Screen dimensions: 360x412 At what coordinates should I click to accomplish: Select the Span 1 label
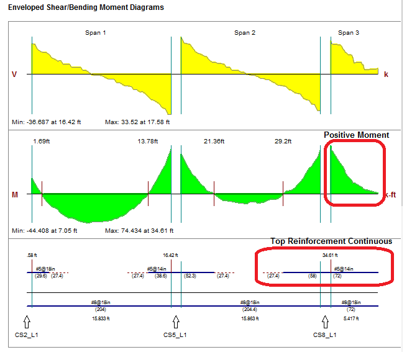click(x=95, y=32)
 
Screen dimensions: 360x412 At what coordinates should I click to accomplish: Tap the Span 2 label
click(x=245, y=32)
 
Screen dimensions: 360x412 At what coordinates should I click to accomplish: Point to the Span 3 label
click(x=349, y=32)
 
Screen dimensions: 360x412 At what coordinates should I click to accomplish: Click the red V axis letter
click(x=14, y=74)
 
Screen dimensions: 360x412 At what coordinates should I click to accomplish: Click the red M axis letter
click(x=14, y=194)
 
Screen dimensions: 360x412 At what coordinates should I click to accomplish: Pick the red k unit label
click(x=386, y=74)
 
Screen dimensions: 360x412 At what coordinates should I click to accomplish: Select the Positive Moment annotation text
click(x=356, y=135)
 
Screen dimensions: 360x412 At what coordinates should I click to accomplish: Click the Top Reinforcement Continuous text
click(x=331, y=241)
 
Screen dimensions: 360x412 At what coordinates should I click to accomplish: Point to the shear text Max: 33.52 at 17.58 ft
click(x=137, y=122)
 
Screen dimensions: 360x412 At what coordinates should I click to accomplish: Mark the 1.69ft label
click(x=41, y=142)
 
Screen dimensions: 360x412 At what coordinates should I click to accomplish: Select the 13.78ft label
click(x=148, y=142)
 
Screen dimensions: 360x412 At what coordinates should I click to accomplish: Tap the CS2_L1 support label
click(x=26, y=335)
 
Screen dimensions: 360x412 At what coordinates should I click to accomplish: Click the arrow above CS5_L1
click(x=176, y=322)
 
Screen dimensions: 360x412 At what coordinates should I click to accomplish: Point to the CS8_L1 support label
click(x=324, y=335)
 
